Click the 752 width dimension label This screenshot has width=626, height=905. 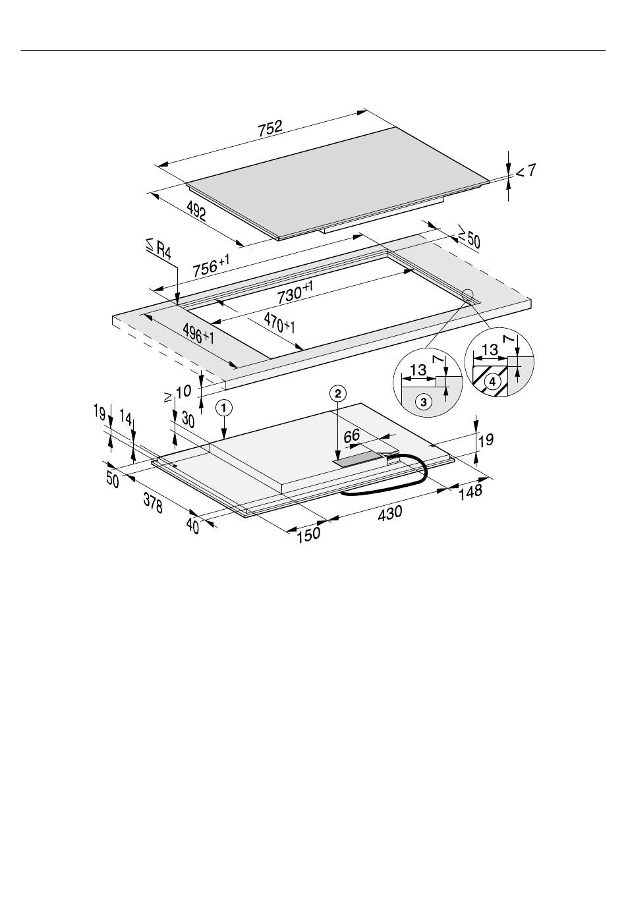270,128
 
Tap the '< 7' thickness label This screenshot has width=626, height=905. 526,171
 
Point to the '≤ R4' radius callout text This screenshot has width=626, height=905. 159,249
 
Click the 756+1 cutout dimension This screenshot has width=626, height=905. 211,265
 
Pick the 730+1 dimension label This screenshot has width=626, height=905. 295,292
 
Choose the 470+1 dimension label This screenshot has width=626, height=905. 279,323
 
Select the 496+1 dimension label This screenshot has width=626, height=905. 198,334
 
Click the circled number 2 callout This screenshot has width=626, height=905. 338,393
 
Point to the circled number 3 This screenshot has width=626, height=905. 424,402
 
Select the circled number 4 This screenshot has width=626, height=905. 492,381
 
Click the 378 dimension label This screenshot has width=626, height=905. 153,504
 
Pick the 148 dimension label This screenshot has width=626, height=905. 470,491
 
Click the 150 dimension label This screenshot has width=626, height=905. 309,535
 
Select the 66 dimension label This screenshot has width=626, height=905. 352,435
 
